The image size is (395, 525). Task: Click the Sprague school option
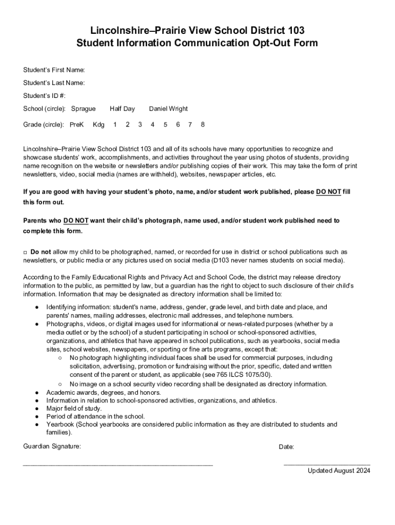point(83,109)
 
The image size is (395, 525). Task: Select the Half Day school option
point(122,109)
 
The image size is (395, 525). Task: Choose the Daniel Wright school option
point(168,109)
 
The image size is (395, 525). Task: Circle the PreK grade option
point(76,125)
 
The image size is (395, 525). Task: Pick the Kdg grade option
point(98,125)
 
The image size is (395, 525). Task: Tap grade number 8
point(203,125)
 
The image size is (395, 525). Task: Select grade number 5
point(165,125)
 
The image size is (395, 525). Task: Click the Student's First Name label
point(54,70)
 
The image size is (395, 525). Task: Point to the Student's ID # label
point(44,96)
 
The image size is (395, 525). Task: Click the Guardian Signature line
point(118,463)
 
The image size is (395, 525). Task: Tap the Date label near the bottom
point(286,447)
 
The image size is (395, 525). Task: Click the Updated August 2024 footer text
point(339,471)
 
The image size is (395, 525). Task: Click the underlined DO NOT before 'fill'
point(328,192)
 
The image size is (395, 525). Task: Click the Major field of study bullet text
point(74,409)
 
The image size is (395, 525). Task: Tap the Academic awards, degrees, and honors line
point(104,393)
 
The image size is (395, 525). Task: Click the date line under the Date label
point(327,463)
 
